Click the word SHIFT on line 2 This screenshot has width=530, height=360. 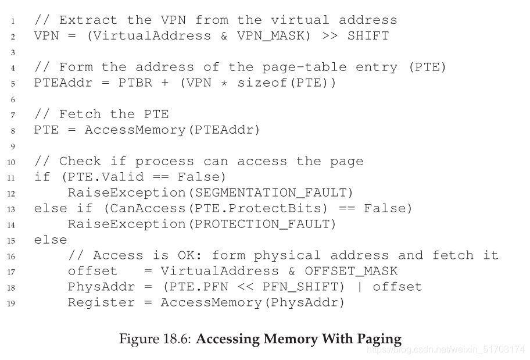pos(368,36)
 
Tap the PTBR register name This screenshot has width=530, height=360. pos(135,83)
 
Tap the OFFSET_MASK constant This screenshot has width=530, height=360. pos(351,271)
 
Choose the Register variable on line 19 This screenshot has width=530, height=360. pos(93,302)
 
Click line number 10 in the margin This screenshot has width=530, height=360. pos(13,162)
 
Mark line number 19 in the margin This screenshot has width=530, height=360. pos(13,303)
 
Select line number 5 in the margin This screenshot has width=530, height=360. pos(13,83)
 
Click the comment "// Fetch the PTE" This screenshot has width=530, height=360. pos(101,114)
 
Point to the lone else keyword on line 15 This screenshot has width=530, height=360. pos(51,240)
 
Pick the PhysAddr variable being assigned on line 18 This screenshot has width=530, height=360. pos(93,287)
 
